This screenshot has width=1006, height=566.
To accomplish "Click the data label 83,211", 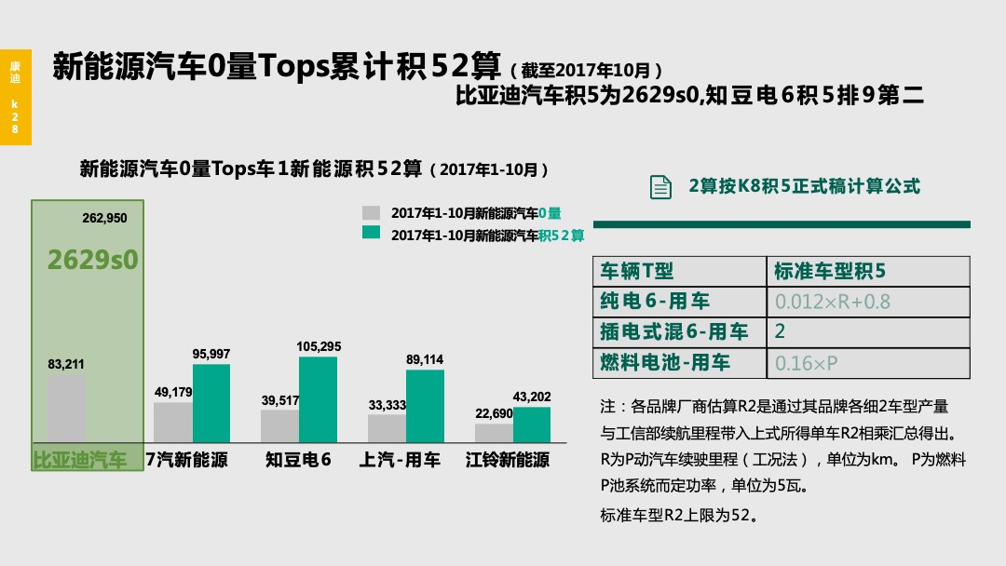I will click(x=66, y=364).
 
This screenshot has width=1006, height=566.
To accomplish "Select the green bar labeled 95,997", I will click(x=211, y=403).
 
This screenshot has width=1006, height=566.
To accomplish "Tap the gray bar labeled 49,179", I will click(x=172, y=422).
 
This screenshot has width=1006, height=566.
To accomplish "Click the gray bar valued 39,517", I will click(x=279, y=425).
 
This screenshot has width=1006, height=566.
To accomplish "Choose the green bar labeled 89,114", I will click(x=425, y=406).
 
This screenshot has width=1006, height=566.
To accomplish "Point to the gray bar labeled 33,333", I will click(x=387, y=428).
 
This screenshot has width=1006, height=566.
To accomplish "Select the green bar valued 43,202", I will click(x=532, y=424).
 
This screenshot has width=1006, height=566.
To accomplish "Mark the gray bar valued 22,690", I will click(x=494, y=433).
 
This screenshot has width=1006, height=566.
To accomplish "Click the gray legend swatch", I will click(x=371, y=211).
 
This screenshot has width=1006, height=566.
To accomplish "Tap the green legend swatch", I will click(x=371, y=232).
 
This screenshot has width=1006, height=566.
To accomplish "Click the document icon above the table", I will click(x=660, y=186).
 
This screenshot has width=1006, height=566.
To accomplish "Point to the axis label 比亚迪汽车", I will click(x=80, y=460).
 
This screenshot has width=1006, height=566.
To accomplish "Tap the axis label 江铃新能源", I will click(x=508, y=460).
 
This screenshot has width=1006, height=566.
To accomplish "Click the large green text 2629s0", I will click(x=92, y=259).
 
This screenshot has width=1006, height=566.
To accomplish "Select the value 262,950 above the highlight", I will click(x=104, y=218).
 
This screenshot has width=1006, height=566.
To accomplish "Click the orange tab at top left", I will click(x=15, y=97).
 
